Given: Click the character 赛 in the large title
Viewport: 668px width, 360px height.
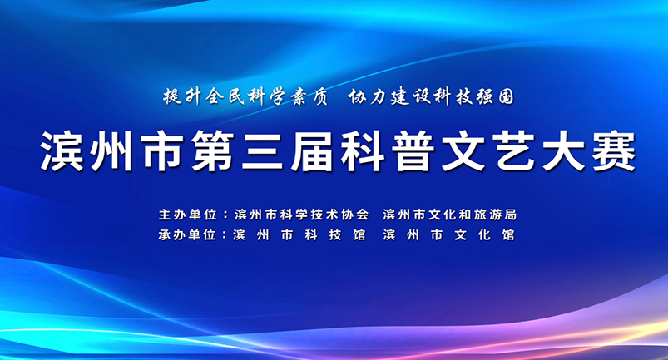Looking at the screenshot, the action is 613,151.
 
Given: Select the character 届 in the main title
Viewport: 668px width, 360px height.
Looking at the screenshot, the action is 312,151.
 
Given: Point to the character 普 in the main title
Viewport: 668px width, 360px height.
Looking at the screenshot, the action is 413,151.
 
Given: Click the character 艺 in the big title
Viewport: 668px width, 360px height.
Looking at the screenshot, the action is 513,151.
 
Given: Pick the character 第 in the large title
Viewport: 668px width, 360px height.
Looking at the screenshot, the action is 212,151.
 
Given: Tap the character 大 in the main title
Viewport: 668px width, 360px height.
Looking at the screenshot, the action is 563,151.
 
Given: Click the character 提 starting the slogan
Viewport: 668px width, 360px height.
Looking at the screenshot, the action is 172,97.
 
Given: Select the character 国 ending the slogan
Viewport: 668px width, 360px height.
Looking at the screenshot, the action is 506,97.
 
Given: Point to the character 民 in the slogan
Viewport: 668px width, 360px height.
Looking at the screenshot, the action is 236,97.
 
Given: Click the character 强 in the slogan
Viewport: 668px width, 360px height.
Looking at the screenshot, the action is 485,97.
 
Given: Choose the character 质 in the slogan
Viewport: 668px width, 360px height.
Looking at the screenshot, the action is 319,97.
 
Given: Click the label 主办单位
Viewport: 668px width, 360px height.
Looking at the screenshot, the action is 188,215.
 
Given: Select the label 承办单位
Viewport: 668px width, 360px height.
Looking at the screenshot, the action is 187,235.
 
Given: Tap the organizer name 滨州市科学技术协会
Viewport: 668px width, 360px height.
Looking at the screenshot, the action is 302,215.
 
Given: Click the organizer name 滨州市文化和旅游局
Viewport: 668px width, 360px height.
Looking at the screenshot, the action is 450,215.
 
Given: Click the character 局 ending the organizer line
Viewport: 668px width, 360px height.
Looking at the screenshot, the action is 511,215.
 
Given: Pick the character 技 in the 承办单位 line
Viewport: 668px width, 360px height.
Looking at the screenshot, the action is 335,235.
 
